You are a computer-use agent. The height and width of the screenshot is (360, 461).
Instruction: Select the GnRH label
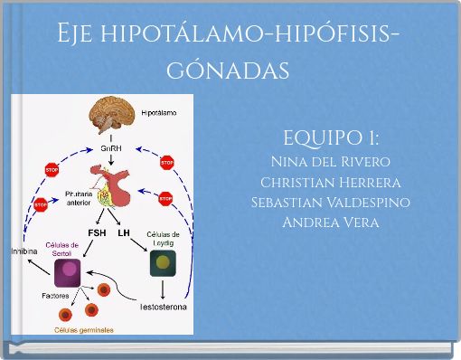pyautogui.click(x=111, y=146)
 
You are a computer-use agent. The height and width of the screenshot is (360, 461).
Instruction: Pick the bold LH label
pyautogui.click(x=125, y=232)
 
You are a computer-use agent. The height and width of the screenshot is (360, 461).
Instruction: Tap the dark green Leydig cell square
pyautogui.click(x=163, y=263)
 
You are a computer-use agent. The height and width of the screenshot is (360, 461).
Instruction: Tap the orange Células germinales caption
pyautogui.click(x=84, y=331)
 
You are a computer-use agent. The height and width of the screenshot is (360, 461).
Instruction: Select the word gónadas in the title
pyautogui.click(x=230, y=68)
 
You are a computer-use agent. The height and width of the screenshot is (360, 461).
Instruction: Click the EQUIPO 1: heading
pyautogui.click(x=330, y=138)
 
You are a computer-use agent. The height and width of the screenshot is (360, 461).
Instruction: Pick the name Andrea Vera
pyautogui.click(x=330, y=222)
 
